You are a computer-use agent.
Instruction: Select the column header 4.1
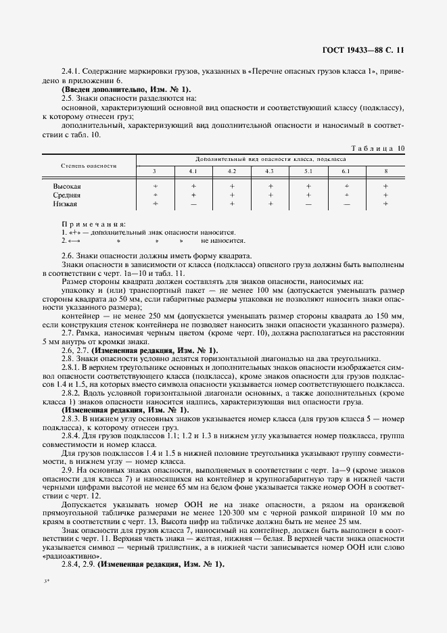pyautogui.click(x=193, y=170)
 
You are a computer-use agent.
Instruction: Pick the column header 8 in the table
pyautogui.click(x=385, y=170)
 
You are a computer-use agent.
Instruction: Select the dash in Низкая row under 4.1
pyautogui.click(x=193, y=203)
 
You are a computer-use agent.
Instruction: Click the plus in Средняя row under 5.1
pyautogui.click(x=308, y=194)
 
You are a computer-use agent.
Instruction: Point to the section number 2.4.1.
pyautogui.click(x=72, y=71)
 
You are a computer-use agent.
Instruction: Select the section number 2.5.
pyautogui.click(x=68, y=98)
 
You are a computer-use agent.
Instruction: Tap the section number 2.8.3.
pyautogui.click(x=72, y=419)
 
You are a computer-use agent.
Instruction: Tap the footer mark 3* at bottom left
pyautogui.click(x=47, y=600)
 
